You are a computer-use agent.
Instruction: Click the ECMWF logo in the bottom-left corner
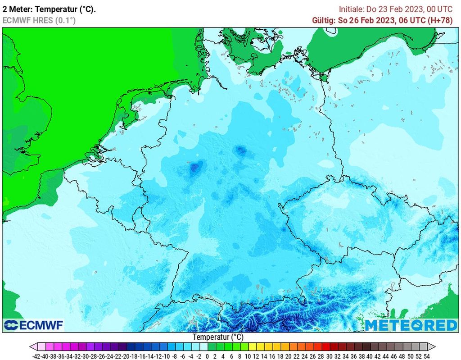click(34, 325)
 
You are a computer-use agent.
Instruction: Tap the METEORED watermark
click(411, 325)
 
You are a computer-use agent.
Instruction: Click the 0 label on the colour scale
click(207, 355)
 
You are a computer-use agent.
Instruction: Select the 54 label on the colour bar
click(427, 355)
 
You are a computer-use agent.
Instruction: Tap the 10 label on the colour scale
click(248, 355)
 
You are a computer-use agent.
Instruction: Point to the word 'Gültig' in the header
click(323, 20)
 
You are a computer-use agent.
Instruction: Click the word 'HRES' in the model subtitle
click(44, 20)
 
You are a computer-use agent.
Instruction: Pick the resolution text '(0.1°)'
click(65, 20)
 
